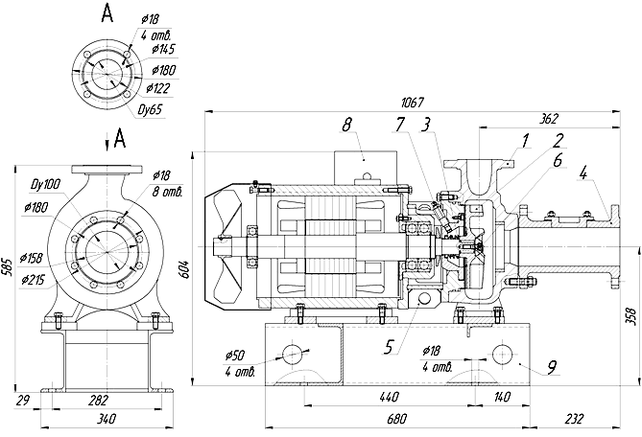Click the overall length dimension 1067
pos(413,103)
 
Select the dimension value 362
pos(549,119)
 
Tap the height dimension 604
pos(184,269)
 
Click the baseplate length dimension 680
pos(396,419)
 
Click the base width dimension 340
pos(107,419)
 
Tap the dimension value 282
pos(98,400)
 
